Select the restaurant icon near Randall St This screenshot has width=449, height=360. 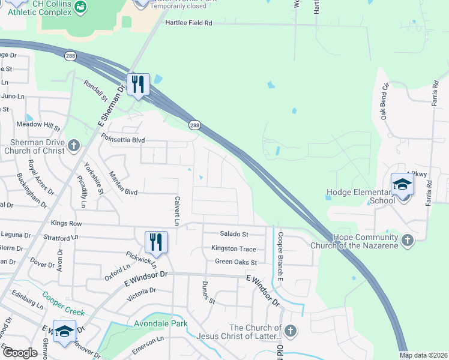click(138, 86)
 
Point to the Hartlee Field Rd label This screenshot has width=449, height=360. click(188, 23)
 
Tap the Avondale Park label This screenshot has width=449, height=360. click(160, 323)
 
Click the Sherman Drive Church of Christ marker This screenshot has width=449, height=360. click(73, 145)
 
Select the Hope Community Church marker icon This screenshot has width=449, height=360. click(408, 241)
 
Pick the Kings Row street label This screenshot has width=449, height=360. click(66, 223)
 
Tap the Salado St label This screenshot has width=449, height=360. click(234, 234)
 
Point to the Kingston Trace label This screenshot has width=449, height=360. click(234, 248)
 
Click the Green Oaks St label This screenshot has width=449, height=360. click(236, 262)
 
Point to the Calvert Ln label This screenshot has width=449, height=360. click(177, 211)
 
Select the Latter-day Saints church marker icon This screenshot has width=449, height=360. click(290, 331)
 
